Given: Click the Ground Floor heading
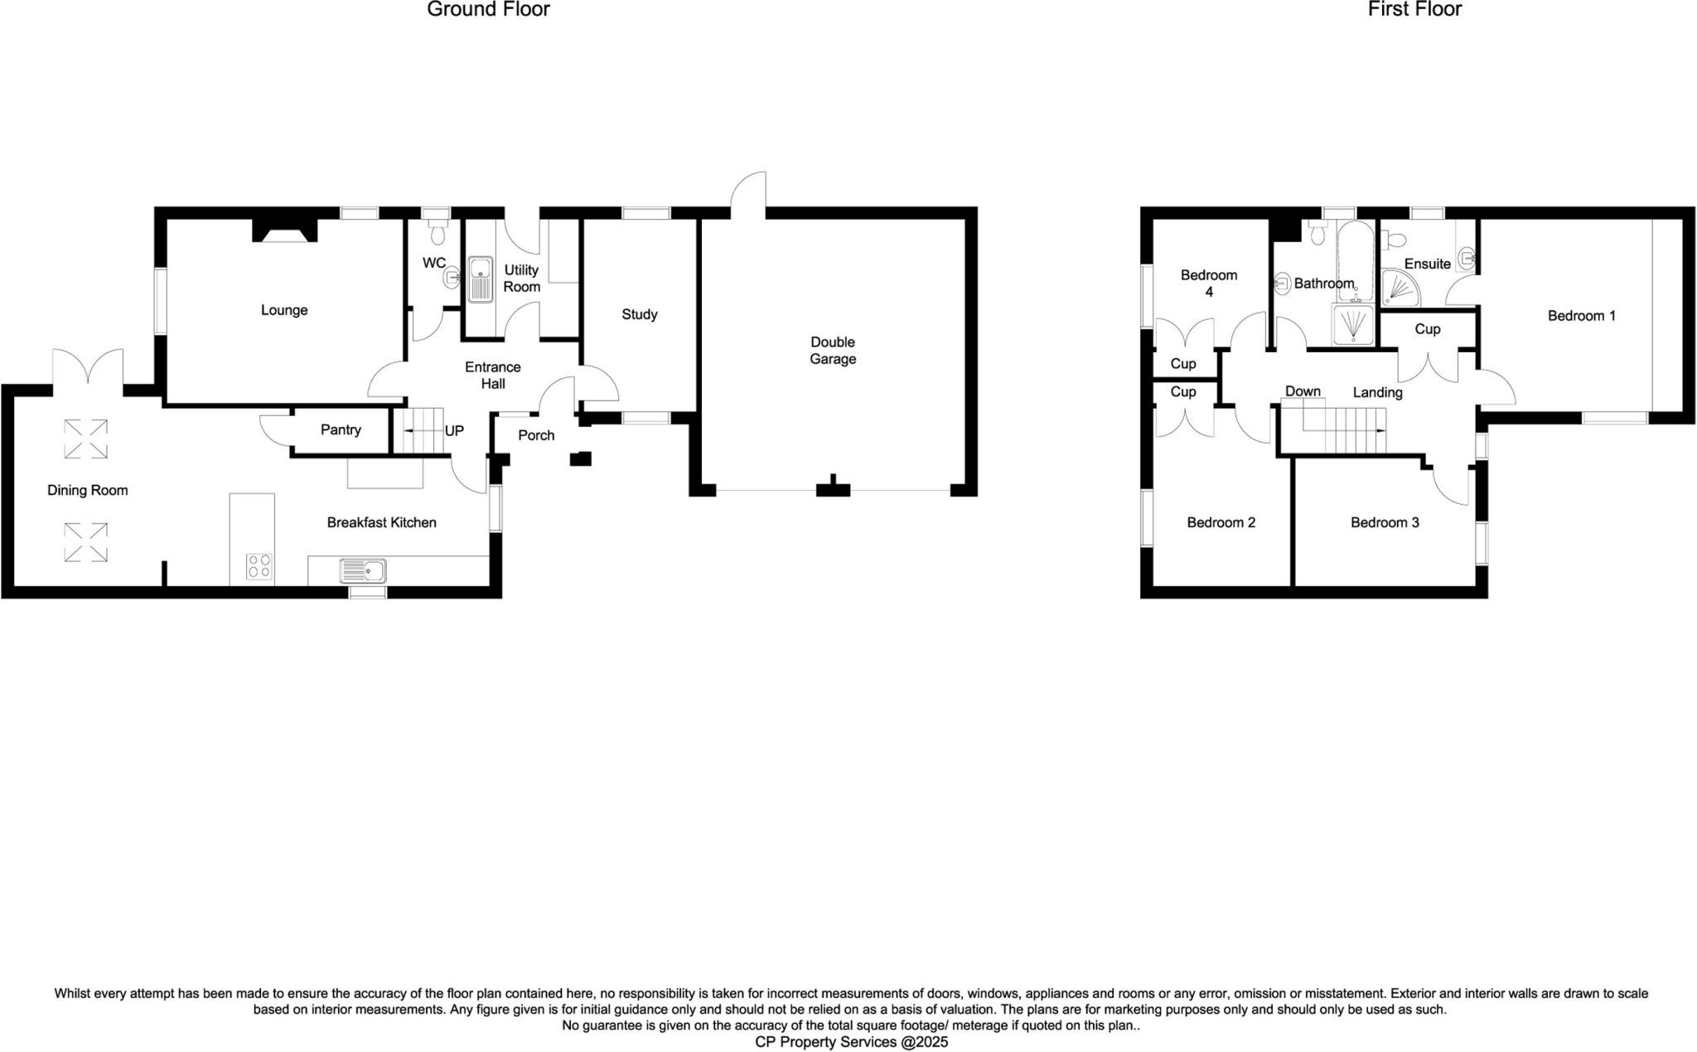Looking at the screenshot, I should [488, 10].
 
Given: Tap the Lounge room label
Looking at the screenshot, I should [284, 310].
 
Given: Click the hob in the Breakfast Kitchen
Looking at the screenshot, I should [259, 566].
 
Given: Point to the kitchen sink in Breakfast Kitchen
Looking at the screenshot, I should [363, 570].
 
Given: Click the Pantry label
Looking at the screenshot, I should [341, 429].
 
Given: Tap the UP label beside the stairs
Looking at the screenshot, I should [454, 431].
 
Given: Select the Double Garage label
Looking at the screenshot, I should [833, 351].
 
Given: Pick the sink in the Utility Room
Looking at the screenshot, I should [480, 279].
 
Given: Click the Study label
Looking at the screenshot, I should [639, 314].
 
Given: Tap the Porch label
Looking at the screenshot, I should [536, 435].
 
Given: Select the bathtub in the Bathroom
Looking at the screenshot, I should [1356, 261].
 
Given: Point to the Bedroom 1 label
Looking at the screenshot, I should [1581, 316].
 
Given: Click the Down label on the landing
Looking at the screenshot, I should [1303, 391].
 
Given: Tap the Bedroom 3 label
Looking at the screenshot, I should [1385, 522].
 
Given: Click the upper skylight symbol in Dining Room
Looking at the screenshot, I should [86, 439].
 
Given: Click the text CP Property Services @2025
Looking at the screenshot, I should [851, 1042].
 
